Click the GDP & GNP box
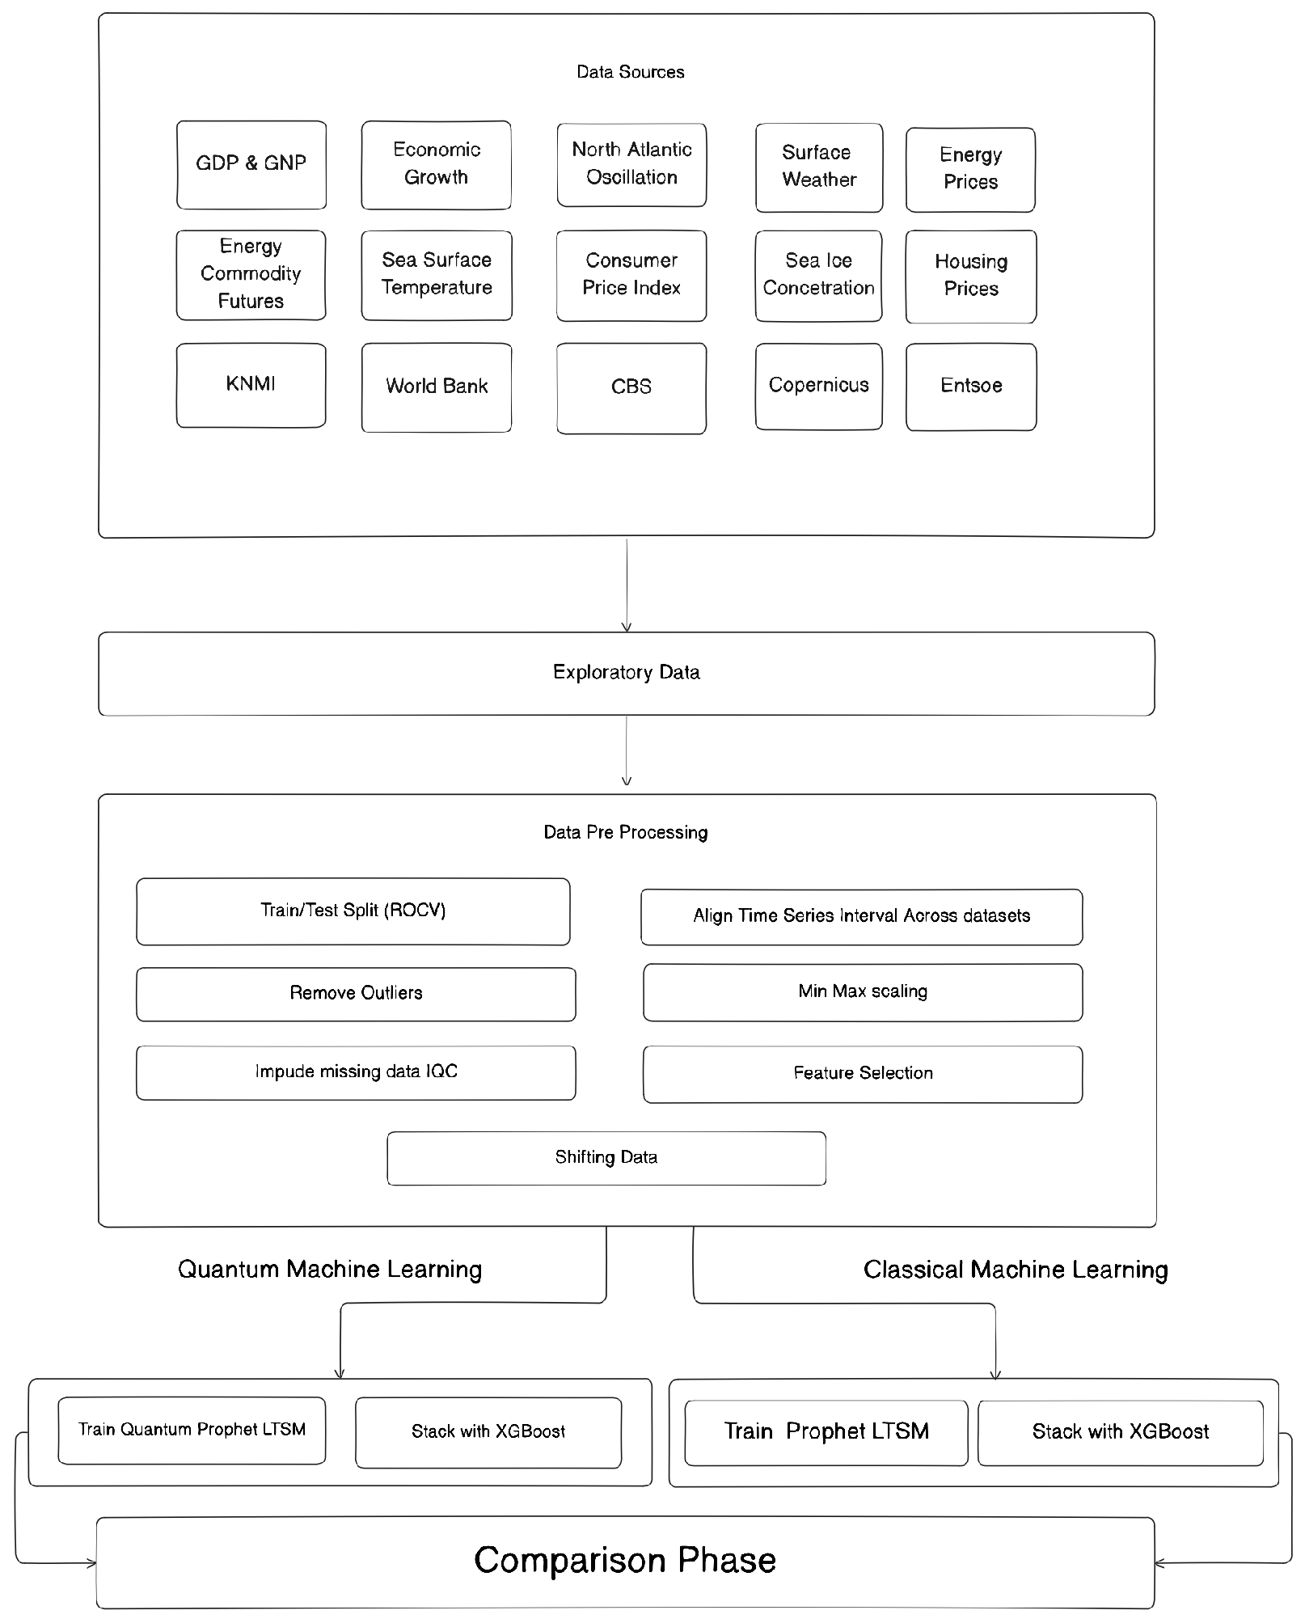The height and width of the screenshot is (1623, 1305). pyautogui.click(x=251, y=164)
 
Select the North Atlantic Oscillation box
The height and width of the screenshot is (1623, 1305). pyautogui.click(x=631, y=164)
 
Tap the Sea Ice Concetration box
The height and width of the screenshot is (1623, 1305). pyautogui.click(x=818, y=275)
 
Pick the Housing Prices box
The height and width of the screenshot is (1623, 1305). pyautogui.click(x=970, y=276)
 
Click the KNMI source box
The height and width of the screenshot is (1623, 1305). pyautogui.click(x=251, y=385)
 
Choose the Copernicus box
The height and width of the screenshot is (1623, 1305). pyautogui.click(x=818, y=386)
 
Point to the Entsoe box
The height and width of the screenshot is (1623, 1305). pyautogui.click(x=970, y=387)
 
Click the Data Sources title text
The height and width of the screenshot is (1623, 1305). pyautogui.click(x=630, y=72)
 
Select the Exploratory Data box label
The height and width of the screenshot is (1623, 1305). pyautogui.click(x=626, y=673)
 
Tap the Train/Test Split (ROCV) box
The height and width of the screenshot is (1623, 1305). pyautogui.click(x=353, y=911)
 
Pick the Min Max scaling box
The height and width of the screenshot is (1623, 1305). pyautogui.click(x=863, y=992)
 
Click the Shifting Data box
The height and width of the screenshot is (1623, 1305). pyautogui.click(x=606, y=1158)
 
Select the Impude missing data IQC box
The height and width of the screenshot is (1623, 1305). pyautogui.click(x=356, y=1072)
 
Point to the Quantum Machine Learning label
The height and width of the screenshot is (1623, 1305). pyautogui.click(x=330, y=1270)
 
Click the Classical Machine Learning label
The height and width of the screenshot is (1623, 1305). pyautogui.click(x=1016, y=1270)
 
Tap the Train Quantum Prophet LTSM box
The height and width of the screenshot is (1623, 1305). pyautogui.click(x=192, y=1430)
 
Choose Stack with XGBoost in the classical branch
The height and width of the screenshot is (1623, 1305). pyautogui.click(x=1120, y=1432)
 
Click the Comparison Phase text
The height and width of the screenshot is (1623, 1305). pyautogui.click(x=625, y=1561)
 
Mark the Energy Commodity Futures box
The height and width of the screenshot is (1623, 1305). pyautogui.click(x=251, y=275)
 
